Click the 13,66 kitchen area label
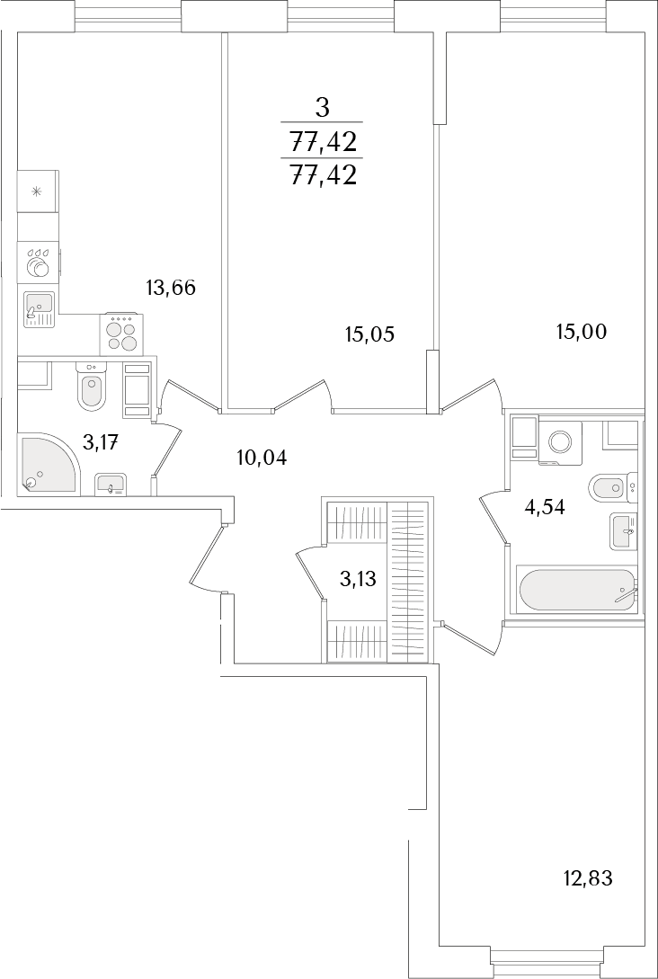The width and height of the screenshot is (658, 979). click(x=171, y=288)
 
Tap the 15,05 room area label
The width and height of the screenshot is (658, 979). click(x=370, y=334)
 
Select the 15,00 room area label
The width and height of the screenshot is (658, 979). click(x=582, y=332)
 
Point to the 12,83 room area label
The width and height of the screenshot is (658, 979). click(x=588, y=879)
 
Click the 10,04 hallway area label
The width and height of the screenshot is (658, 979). click(x=262, y=458)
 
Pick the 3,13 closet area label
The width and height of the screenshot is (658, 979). click(x=358, y=580)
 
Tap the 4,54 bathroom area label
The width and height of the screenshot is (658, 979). click(x=545, y=507)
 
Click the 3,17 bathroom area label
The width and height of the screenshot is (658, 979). click(x=101, y=442)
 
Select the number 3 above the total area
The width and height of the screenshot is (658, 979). click(x=322, y=109)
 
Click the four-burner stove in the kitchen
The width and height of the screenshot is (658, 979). click(x=121, y=334)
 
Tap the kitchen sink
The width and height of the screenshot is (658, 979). click(x=40, y=309)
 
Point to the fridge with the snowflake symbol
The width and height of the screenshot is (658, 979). click(x=38, y=191)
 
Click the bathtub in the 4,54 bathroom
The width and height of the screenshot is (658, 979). click(x=574, y=590)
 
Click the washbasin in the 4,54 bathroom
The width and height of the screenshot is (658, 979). click(x=624, y=531)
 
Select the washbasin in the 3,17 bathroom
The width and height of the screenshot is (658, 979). click(x=111, y=484)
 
